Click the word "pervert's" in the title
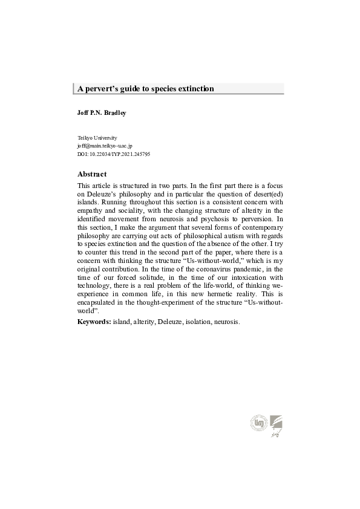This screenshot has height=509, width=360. coord(103,89)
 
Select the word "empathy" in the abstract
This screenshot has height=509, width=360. coord(92,213)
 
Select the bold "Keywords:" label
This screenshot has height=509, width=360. coord(94,322)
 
